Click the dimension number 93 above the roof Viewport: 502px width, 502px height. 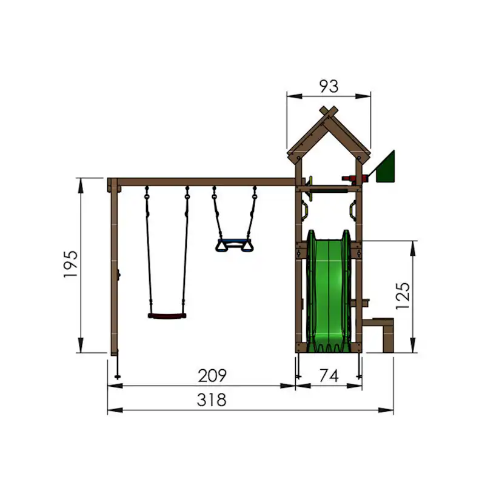coord(329,87)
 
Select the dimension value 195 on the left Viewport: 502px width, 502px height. coord(71,264)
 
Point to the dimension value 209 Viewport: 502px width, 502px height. coord(212,376)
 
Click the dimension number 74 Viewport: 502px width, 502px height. coord(328,376)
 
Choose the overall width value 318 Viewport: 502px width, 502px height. coord(212,400)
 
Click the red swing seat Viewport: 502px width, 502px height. coord(167,316)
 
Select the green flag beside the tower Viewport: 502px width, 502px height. coord(386,167)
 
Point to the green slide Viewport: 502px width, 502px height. coord(328,291)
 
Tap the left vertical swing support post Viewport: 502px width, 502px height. coord(114,267)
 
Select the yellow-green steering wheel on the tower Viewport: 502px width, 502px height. coord(309,181)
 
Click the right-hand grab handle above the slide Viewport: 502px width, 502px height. coord(352,209)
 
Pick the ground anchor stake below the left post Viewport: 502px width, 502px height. coord(116,368)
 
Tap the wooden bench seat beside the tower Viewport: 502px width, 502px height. coord(384,321)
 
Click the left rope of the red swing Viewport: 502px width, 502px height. coord(147,255)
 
